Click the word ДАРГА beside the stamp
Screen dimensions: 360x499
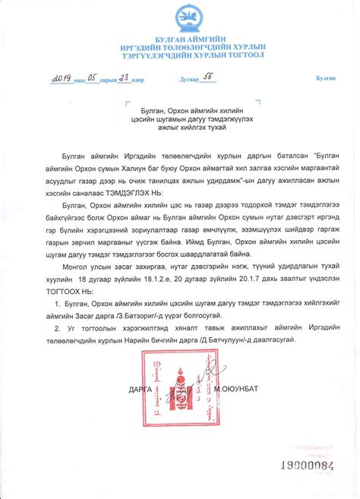coord(141,389)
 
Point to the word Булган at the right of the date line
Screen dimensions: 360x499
coord(327,79)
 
